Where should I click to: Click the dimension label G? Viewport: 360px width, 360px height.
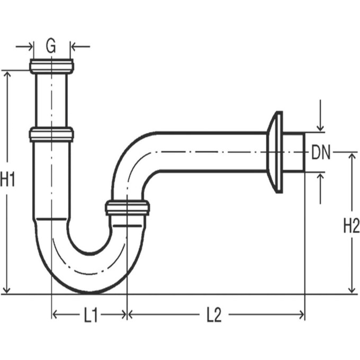click(x=50, y=46)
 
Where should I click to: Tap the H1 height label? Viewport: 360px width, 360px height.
click(x=7, y=179)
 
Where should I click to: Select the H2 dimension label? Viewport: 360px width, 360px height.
click(x=351, y=226)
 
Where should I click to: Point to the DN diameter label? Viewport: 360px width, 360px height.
click(x=321, y=152)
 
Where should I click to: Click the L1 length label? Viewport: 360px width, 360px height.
click(x=91, y=315)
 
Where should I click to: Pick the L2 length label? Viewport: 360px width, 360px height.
click(x=214, y=315)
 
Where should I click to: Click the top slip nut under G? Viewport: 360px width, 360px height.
click(x=52, y=66)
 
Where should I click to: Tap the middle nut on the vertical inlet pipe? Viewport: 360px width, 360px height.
click(x=51, y=134)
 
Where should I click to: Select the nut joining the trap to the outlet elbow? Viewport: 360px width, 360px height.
click(x=128, y=208)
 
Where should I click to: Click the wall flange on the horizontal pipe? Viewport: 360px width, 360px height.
click(x=275, y=152)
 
